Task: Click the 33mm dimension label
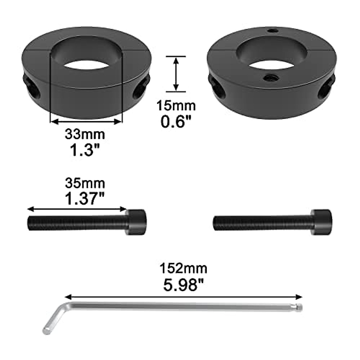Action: (85, 134)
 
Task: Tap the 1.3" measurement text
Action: (85, 150)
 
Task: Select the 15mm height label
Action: (176, 106)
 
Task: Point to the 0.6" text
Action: (176, 121)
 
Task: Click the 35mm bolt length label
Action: (85, 183)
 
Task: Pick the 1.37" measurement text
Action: (85, 199)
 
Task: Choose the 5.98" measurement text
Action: (184, 284)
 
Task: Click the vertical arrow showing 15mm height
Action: (176, 74)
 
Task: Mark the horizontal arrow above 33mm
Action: (86, 121)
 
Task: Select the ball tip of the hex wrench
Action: (300, 307)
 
